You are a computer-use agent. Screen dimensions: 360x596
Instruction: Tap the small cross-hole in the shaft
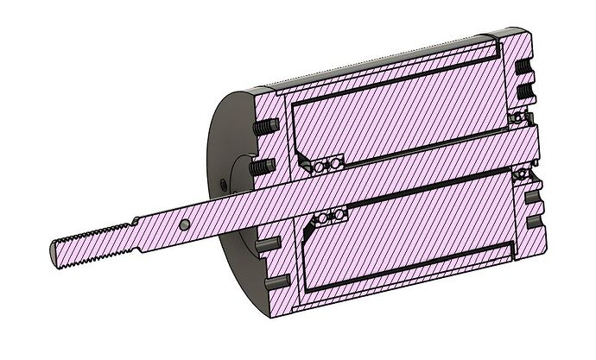tap(185, 224)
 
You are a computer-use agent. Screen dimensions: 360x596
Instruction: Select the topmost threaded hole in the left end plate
tap(263, 128)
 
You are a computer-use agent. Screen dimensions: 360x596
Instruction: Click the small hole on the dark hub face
tap(223, 184)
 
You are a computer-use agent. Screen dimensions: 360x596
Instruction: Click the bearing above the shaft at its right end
tap(523, 116)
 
